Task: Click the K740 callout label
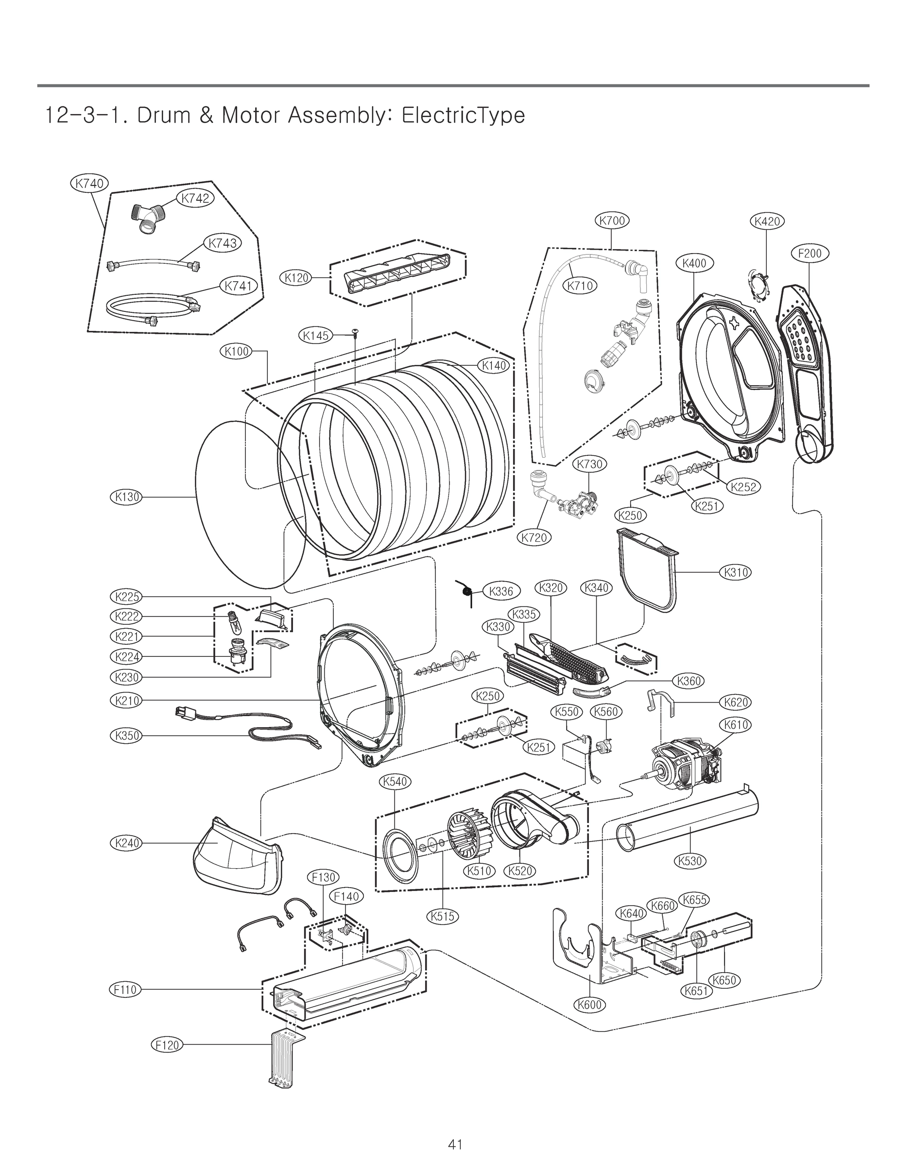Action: coord(89,183)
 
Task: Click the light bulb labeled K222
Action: coord(234,621)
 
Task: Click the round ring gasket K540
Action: coord(398,855)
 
